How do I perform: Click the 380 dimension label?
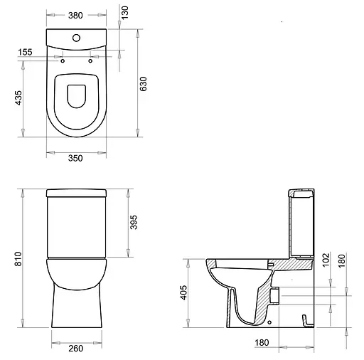coord(75,16)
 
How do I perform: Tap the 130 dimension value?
coord(124,13)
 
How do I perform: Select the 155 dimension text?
coord(25,52)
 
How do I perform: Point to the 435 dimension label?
coord(18,97)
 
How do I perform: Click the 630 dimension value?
coord(143,84)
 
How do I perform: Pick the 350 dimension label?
coord(75,158)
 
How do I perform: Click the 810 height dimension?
coord(18,259)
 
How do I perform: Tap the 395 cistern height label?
coord(134,222)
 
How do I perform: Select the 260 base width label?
coord(76,349)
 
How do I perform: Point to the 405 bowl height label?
coord(183,292)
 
